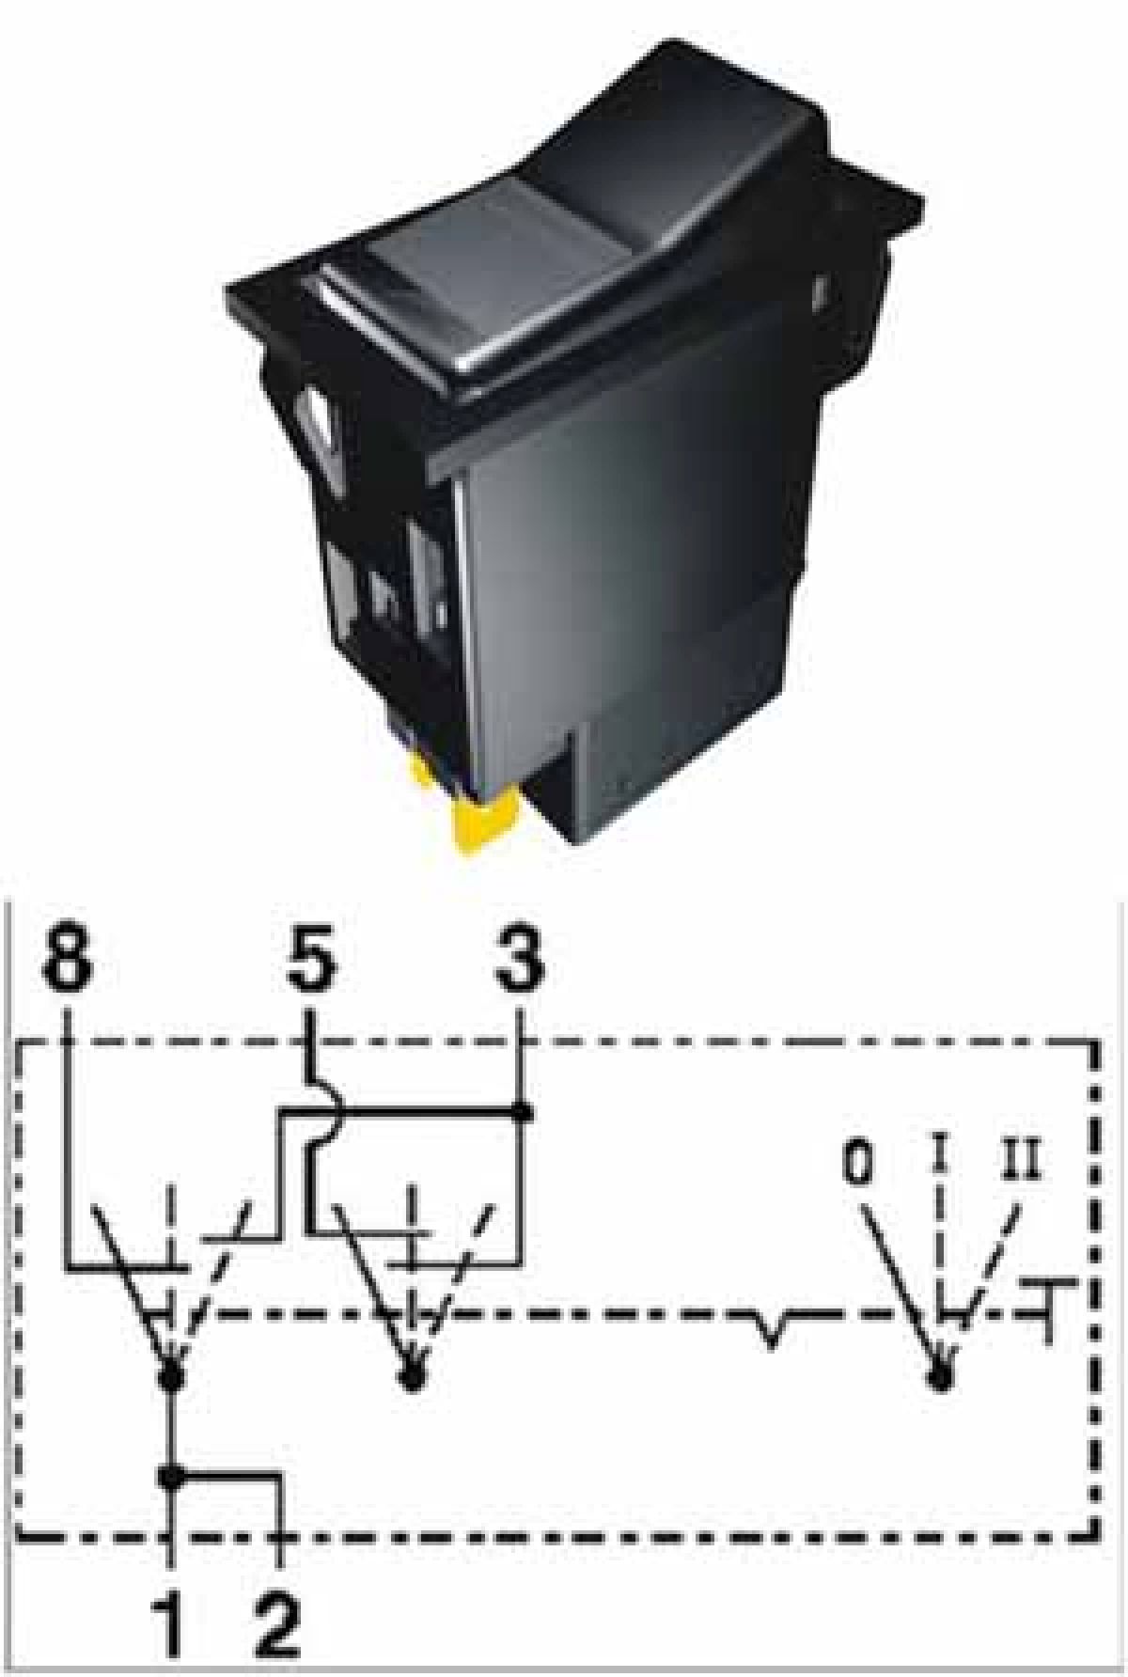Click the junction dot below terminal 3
[523, 1113]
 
